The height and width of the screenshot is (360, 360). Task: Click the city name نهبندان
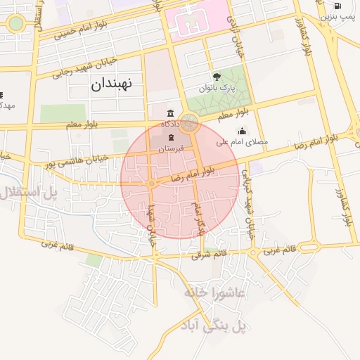(x=116, y=84)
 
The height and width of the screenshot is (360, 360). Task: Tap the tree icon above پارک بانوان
(x=216, y=77)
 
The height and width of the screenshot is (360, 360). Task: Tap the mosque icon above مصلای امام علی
(x=243, y=131)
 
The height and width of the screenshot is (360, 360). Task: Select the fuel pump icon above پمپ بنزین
(x=338, y=6)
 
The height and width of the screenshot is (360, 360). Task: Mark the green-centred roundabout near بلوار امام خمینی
(x=15, y=24)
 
